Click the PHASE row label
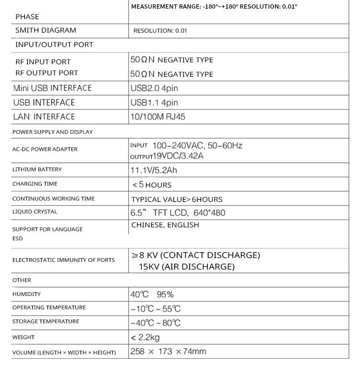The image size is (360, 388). click(27, 17)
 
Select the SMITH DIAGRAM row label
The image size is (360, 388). click(46, 30)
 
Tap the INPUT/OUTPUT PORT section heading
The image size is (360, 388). click(54, 45)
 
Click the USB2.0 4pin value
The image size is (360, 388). click(154, 88)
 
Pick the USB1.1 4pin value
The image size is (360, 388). click(154, 103)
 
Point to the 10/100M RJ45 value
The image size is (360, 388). click(157, 117)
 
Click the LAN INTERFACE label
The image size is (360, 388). click(44, 117)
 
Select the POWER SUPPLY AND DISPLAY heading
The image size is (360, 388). click(52, 132)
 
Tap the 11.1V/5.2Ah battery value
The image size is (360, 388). click(157, 170)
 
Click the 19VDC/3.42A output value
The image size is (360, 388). click(178, 156)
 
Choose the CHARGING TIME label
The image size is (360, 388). click(35, 184)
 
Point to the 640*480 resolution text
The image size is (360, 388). click(209, 212)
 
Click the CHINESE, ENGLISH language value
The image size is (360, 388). click(165, 225)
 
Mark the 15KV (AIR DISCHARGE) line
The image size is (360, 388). click(186, 267)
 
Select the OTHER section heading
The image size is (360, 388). click(22, 280)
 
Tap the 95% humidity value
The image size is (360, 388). click(165, 294)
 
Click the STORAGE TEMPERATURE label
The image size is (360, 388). click(46, 321)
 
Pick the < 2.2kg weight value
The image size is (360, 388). click(145, 338)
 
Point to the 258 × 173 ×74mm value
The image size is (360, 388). click(168, 352)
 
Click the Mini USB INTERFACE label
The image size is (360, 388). click(52, 88)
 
